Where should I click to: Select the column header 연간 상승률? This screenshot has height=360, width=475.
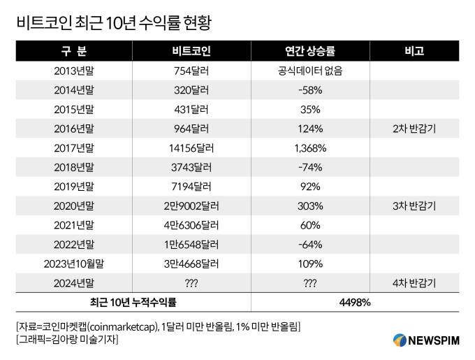click(x=309, y=52)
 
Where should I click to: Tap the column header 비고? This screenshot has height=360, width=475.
click(x=414, y=52)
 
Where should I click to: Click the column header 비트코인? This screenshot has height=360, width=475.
click(x=191, y=52)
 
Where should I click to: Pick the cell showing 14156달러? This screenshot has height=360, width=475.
click(x=191, y=148)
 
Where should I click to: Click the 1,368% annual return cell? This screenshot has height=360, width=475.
click(x=309, y=148)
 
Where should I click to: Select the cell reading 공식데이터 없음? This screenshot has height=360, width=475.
click(x=309, y=71)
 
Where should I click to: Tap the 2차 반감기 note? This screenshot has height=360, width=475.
click(x=414, y=129)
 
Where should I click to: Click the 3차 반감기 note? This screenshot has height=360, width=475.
click(x=414, y=206)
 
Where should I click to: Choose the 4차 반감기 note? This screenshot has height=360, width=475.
click(x=414, y=283)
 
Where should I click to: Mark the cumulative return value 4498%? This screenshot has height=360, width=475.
click(x=355, y=302)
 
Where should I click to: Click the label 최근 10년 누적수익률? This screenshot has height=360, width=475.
click(x=133, y=302)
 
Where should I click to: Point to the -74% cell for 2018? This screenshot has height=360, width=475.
click(x=309, y=168)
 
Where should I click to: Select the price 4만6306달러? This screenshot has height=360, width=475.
click(x=191, y=225)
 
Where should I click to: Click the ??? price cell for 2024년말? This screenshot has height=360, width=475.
click(x=191, y=283)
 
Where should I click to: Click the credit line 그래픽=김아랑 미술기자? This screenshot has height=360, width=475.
click(x=67, y=340)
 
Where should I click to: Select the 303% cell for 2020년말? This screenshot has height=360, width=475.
click(x=309, y=206)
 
